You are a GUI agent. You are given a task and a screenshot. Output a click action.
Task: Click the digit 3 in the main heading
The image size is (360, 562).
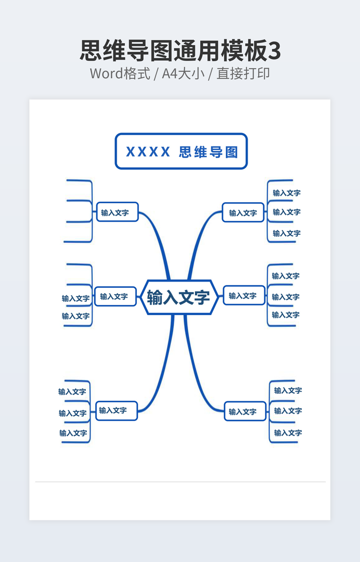274,51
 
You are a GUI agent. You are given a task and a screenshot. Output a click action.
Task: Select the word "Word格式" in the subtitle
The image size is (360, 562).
120,73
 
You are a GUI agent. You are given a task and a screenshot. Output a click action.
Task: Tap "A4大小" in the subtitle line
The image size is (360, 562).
183,73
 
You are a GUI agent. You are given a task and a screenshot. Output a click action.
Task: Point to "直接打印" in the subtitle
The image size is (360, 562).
243,73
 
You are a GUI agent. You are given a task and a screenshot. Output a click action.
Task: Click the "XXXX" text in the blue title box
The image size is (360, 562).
148,152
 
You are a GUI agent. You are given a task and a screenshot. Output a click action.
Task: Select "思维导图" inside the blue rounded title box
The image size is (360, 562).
208,152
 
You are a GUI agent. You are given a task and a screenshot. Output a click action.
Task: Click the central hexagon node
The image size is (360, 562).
178,297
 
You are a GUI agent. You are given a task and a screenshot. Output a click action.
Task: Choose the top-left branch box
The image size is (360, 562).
117,212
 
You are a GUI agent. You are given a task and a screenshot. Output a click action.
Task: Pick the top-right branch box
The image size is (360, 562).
243,212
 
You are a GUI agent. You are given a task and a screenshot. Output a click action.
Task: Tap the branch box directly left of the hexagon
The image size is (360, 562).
116,296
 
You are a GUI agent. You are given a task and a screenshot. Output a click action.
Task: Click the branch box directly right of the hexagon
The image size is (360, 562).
244,296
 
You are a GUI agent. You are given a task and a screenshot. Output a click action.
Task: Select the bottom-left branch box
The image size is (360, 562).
117,411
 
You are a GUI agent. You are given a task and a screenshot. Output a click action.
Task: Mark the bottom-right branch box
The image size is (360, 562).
245,411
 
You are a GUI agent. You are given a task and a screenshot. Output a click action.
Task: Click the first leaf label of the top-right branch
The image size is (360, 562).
287,193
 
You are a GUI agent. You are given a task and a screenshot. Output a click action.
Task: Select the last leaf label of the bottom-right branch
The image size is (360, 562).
288,433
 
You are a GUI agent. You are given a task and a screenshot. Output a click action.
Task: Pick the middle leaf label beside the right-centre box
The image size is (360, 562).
285,297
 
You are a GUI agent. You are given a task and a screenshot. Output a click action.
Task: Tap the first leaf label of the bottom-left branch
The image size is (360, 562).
72,392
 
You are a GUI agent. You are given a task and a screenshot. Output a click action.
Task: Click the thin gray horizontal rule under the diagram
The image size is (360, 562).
181,482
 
